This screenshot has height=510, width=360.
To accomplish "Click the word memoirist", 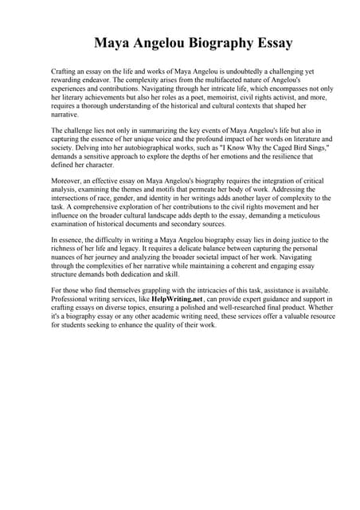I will [x=219, y=98].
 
